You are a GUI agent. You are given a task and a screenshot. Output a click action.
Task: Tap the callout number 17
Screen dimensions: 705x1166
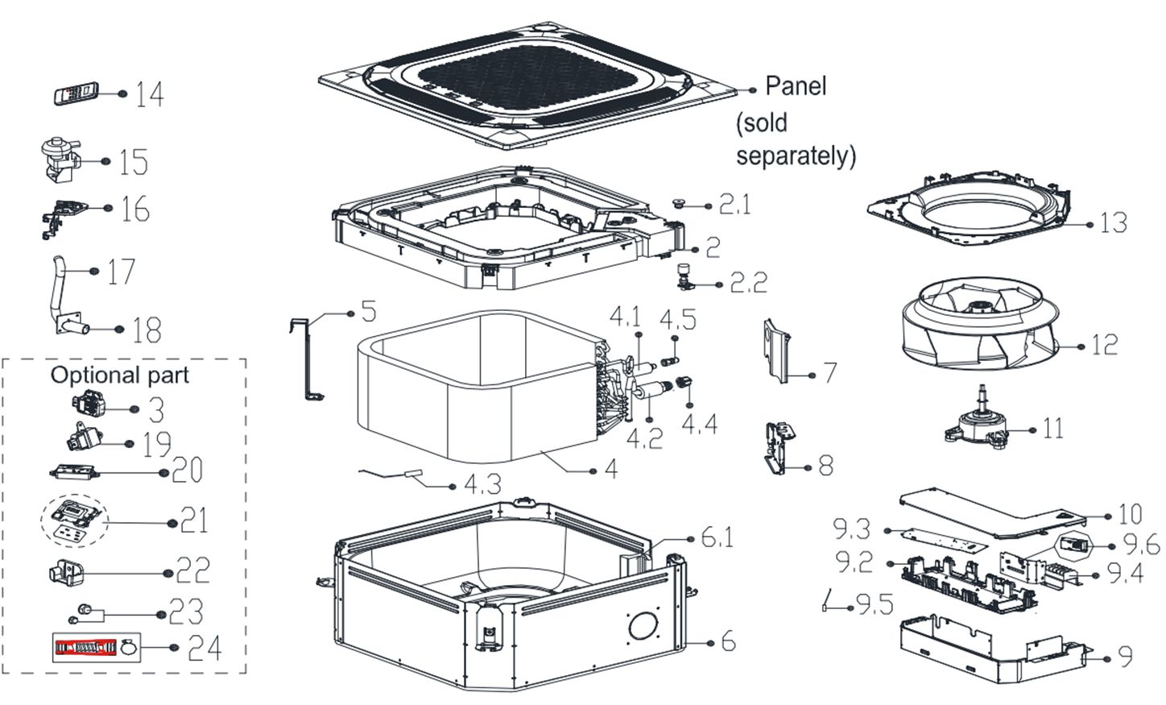pyautogui.click(x=121, y=272)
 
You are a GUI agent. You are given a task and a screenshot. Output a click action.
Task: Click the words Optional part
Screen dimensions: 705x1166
pyautogui.click(x=119, y=375)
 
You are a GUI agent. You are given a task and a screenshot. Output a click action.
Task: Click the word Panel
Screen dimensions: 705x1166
pyautogui.click(x=795, y=85)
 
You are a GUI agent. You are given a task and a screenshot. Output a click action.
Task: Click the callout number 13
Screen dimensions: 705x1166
pyautogui.click(x=1113, y=222)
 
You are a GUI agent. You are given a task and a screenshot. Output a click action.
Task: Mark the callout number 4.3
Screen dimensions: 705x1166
pyautogui.click(x=482, y=484)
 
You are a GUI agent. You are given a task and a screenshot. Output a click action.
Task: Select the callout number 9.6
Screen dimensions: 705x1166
pyautogui.click(x=1141, y=545)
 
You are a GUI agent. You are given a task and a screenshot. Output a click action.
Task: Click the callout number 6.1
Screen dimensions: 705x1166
pyautogui.click(x=717, y=537)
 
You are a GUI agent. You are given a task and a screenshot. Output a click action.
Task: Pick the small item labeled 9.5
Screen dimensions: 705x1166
pyautogui.click(x=827, y=600)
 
